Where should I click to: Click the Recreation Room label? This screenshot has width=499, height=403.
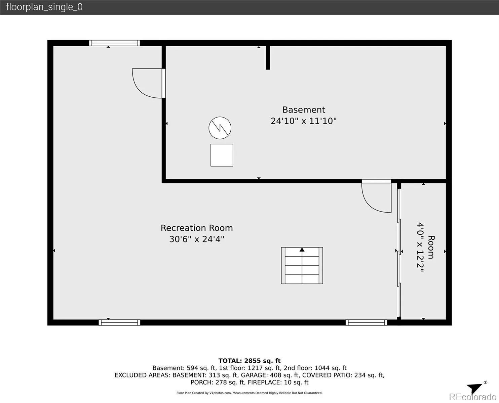pos(197,228)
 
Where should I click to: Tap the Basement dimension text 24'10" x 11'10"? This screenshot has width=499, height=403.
pos(304,121)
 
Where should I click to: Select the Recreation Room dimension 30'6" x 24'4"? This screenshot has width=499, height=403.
pos(197,239)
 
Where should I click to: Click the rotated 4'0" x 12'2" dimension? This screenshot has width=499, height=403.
pos(421,247)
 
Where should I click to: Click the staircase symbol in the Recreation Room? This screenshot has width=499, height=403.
pos(302,265)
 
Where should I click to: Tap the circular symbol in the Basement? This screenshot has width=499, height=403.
pos(220,128)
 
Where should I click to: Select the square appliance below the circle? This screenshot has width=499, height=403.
pos(222,155)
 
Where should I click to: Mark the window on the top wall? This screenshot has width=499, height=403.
pos(114,43)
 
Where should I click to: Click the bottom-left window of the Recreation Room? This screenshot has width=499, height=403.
pos(119,322)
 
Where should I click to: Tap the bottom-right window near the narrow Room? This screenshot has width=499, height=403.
pos(366,322)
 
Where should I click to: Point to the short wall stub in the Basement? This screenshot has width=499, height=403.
pos(268,57)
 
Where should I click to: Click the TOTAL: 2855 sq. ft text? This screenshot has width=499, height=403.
pos(249,361)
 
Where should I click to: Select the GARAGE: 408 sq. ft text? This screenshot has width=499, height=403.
pos(270,375)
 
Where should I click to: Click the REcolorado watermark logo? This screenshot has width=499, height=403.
pos(473,397)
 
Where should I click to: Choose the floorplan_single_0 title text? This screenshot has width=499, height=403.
pos(44,7)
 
